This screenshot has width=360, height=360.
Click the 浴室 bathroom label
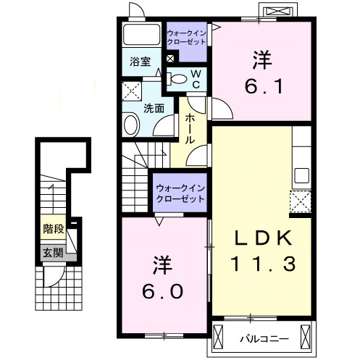(140, 62)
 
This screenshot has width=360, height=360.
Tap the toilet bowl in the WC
(178, 79)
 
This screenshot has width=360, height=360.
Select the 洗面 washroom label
(154, 109)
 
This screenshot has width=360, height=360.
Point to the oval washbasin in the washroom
(131, 125)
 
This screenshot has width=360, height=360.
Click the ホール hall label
(190, 129)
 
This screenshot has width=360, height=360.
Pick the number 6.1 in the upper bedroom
(264, 86)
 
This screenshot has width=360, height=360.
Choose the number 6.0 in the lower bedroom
(162, 291)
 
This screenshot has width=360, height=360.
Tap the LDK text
(263, 238)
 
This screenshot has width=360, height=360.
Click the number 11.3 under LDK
(263, 264)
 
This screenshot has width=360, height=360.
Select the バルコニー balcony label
(264, 339)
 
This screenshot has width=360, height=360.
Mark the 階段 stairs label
(54, 229)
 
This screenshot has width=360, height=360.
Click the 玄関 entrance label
(53, 253)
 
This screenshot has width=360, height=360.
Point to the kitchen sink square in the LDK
(301, 175)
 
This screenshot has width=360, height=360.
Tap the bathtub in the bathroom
(141, 34)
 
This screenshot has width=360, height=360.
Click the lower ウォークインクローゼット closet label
(180, 193)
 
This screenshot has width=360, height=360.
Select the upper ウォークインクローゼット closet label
(186, 38)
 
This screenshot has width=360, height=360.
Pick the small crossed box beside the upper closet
(170, 59)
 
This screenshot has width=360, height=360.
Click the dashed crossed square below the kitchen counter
(301, 201)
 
